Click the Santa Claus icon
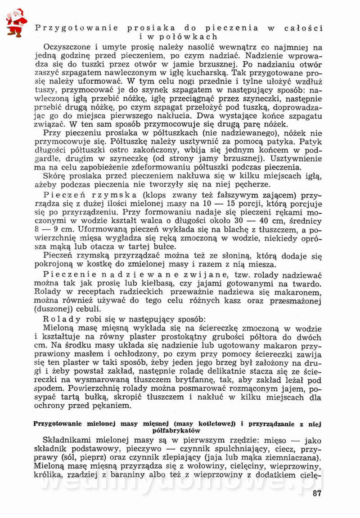[x=16, y=22]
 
